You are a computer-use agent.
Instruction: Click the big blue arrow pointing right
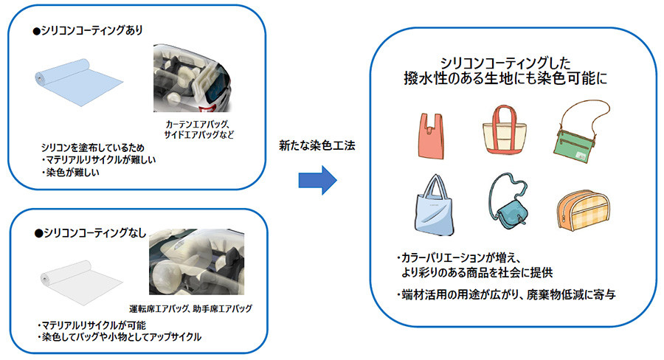[x=317, y=179]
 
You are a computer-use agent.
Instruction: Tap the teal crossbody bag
[x=508, y=204]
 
